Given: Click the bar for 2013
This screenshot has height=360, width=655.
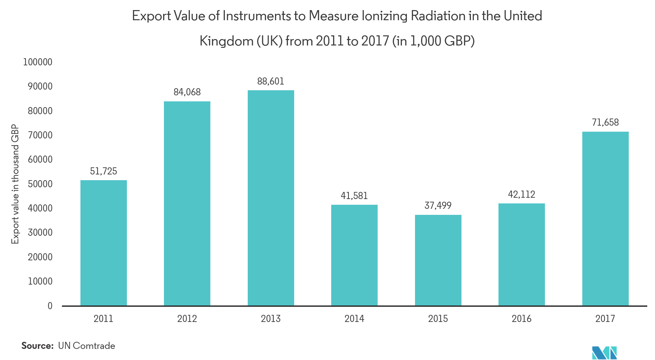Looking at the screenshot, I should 271,198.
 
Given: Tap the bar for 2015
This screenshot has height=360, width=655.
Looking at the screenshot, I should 438,260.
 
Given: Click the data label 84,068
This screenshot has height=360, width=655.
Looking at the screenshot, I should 187,92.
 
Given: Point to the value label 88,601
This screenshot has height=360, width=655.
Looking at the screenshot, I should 271,81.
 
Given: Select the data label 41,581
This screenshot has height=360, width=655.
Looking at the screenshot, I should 354,196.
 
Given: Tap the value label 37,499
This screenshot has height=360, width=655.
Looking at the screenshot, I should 438,205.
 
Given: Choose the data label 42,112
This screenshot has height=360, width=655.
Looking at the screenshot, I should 521,194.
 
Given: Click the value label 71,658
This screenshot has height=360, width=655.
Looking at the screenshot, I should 605,122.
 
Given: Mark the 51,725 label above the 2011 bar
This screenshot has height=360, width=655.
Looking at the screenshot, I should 103,171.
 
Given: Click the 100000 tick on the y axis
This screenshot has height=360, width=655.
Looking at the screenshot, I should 38,62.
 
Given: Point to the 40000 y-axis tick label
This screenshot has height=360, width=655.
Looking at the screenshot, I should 40,208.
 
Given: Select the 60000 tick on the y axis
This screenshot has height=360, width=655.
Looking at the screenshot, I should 40,159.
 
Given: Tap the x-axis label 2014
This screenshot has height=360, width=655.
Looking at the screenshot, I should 354,319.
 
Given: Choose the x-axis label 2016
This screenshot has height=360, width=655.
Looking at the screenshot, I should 521,319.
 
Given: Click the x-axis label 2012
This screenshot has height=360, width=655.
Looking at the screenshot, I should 187,319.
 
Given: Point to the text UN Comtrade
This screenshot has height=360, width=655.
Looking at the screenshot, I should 87,346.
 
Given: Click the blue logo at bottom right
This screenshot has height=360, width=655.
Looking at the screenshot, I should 604,353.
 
